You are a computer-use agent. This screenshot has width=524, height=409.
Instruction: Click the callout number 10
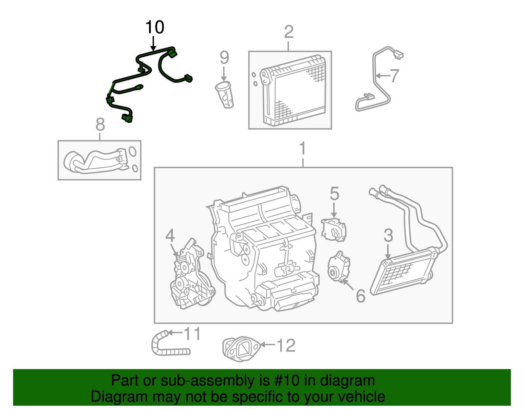(155, 27)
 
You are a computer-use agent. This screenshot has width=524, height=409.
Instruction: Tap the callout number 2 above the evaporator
(289, 32)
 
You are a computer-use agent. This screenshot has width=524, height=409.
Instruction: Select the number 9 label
(224, 58)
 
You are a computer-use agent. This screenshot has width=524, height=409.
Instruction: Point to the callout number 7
(394, 76)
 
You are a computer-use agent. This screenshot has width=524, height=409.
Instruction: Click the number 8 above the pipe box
(100, 125)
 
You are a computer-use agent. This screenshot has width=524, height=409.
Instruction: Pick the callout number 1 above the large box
(303, 149)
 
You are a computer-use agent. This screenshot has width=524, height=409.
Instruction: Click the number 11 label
(192, 334)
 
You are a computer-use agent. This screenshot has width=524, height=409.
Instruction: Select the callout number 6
(360, 296)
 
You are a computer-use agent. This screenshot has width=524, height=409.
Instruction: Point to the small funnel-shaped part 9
(225, 95)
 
